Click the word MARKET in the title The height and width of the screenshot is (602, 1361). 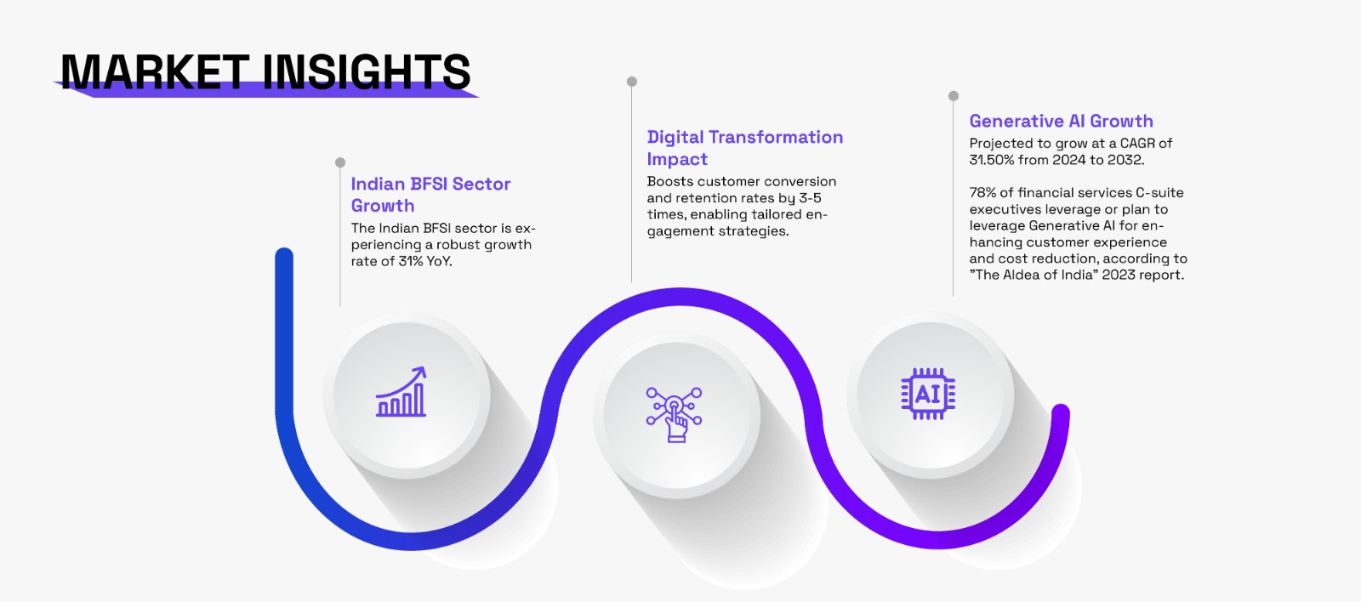coord(155,71)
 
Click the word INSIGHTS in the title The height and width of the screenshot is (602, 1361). coord(367,71)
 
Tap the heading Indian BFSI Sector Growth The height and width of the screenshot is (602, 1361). coord(430,195)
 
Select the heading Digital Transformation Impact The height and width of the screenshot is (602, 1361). coord(745,148)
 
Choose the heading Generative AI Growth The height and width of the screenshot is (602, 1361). coord(1061,121)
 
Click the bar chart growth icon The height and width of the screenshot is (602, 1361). coord(401,392)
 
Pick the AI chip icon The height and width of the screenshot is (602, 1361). coord(928,394)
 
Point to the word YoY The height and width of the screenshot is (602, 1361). coord(439,261)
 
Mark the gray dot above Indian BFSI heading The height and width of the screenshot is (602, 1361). coord(340,162)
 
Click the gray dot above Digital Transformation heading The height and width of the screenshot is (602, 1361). coord(632,82)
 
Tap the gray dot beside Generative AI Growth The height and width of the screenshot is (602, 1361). coord(954,96)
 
